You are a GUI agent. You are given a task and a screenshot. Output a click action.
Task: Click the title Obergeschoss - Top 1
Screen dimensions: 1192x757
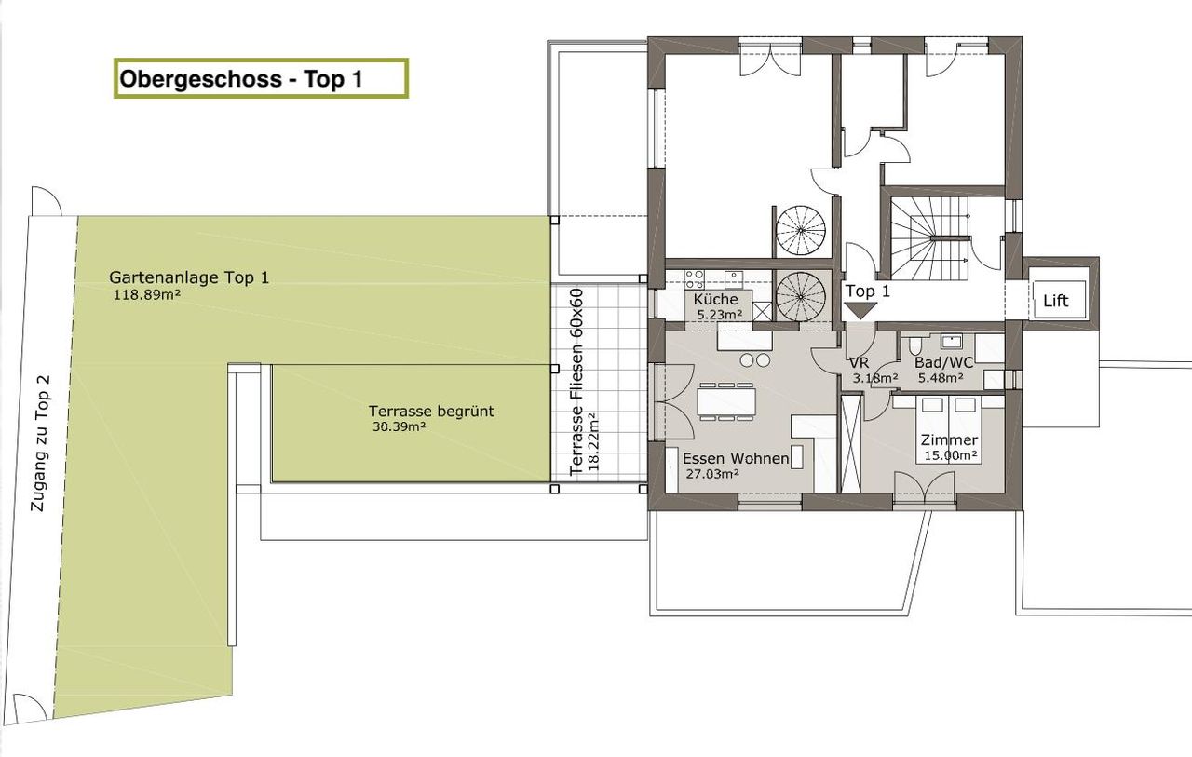(x=241, y=79)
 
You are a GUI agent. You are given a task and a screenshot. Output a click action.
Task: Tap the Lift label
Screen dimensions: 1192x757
(x=1055, y=301)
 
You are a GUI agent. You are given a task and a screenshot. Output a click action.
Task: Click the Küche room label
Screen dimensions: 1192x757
(x=716, y=299)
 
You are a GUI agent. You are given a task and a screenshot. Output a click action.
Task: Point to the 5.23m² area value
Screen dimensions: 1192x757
(x=720, y=315)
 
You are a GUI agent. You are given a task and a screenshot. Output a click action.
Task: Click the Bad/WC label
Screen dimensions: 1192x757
(x=943, y=363)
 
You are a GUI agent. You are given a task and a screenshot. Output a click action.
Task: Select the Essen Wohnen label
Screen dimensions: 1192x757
(x=736, y=458)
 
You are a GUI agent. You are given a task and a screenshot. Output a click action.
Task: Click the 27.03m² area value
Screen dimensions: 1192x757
(x=712, y=474)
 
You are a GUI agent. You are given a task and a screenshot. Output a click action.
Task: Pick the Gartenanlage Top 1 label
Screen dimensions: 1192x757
(x=189, y=277)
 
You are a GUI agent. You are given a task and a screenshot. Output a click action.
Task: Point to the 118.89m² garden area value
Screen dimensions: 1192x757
(x=143, y=295)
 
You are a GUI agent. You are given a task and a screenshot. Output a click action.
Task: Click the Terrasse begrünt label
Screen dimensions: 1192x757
(x=431, y=412)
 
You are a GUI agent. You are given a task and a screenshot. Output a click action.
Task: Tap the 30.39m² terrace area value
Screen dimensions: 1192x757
(x=399, y=426)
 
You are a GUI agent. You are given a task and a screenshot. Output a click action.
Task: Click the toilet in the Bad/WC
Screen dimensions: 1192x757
(x=914, y=345)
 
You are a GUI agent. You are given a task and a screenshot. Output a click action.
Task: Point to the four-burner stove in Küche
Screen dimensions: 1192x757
(x=694, y=279)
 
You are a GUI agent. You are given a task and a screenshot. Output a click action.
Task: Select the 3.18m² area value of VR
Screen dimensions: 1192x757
(x=875, y=379)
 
